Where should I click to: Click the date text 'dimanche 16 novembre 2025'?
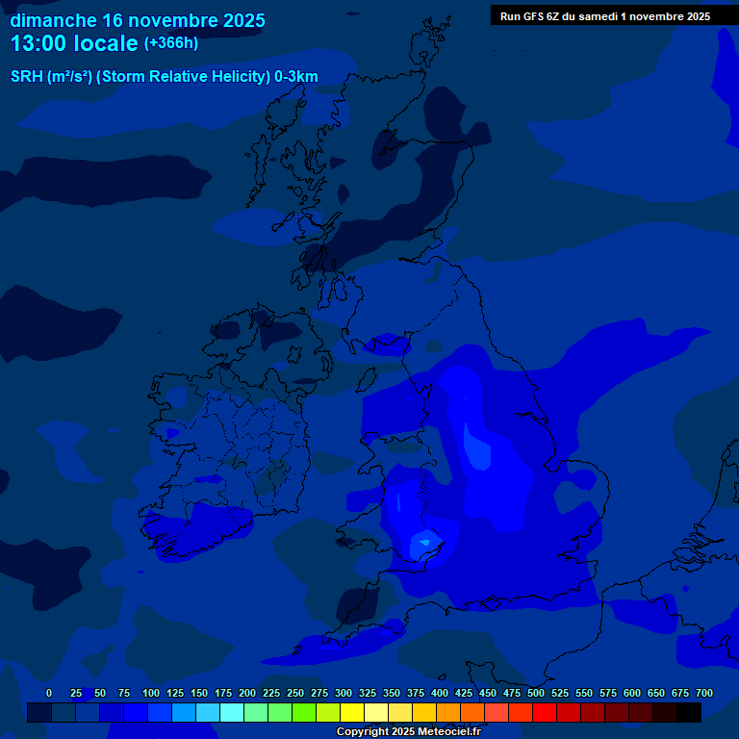click(138, 20)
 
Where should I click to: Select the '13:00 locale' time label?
click(74, 43)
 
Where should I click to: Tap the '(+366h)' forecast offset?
click(171, 43)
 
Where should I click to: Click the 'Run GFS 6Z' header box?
click(605, 16)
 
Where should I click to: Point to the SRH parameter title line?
click(164, 77)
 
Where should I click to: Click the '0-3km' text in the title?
click(295, 77)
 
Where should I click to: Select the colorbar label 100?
click(150, 693)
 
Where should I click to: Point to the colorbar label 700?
click(703, 693)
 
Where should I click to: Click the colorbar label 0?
click(49, 693)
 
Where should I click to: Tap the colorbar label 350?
click(391, 693)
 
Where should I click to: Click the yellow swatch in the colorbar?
click(352, 713)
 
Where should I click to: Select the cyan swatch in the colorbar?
click(232, 713)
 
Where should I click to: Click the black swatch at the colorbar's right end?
click(689, 713)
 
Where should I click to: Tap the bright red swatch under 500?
click(545, 713)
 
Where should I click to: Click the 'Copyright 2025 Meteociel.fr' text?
click(408, 732)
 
